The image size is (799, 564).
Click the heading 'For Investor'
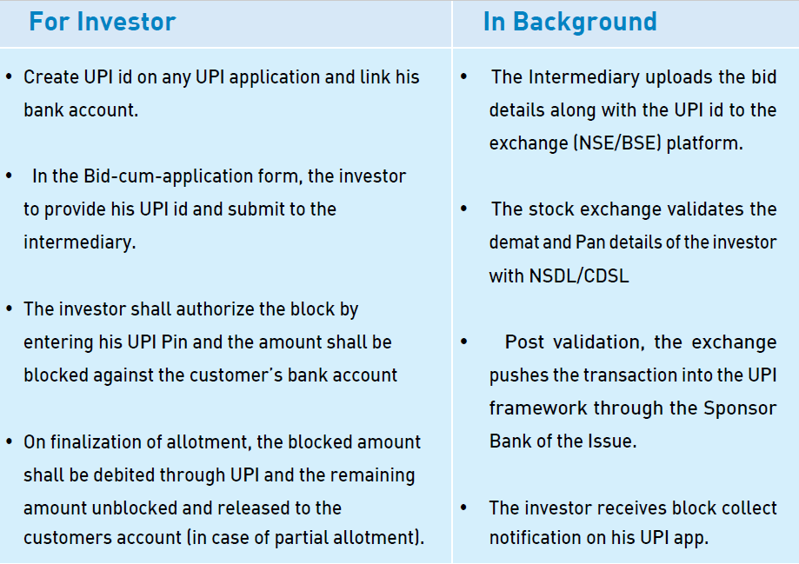(x=103, y=22)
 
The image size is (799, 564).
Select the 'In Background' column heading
(x=569, y=22)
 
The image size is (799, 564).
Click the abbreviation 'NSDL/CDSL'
(x=579, y=276)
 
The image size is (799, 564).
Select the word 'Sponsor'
(x=740, y=408)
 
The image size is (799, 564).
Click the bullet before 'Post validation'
(x=463, y=342)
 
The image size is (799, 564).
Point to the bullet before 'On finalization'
(x=9, y=441)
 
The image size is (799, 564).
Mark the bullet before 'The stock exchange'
(x=463, y=209)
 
